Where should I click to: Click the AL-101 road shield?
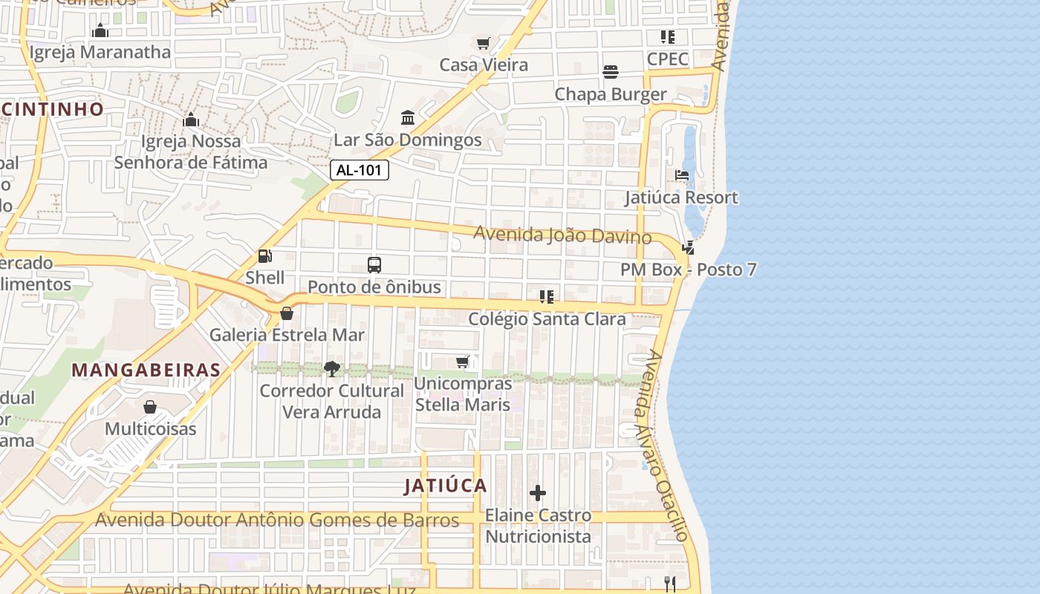360,170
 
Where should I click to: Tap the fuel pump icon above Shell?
264,256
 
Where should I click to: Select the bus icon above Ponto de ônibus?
374,265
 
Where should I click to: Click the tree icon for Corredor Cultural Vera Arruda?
331,369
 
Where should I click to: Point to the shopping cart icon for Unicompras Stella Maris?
463,362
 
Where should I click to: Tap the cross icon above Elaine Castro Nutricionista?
538,493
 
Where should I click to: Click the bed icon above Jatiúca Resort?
681,176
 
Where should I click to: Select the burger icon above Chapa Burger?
611,72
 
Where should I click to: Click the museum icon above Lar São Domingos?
407,118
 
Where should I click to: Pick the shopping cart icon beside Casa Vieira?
484,43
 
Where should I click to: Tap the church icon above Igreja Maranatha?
100,30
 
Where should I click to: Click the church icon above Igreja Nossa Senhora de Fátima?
190,120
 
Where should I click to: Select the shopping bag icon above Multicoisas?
150,407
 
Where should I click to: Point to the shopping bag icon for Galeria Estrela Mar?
287,313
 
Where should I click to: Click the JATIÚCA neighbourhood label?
446,486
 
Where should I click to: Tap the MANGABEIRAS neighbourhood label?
146,370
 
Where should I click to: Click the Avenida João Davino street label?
562,235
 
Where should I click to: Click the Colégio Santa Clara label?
547,319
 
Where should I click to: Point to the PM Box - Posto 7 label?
689,269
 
